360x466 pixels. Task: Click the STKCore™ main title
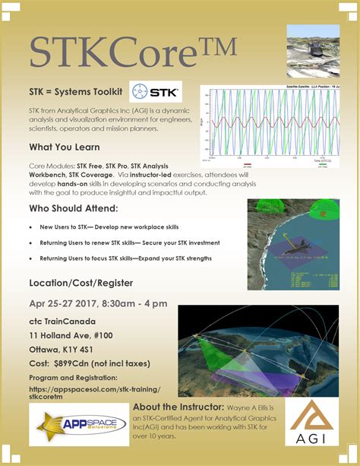coord(133,52)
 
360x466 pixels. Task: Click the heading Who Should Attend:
coord(73,208)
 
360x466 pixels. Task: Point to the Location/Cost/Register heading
coord(81,283)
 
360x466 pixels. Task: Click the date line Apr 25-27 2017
coord(98,303)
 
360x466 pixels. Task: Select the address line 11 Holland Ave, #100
coord(80,335)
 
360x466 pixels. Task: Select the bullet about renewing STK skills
coord(130,243)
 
